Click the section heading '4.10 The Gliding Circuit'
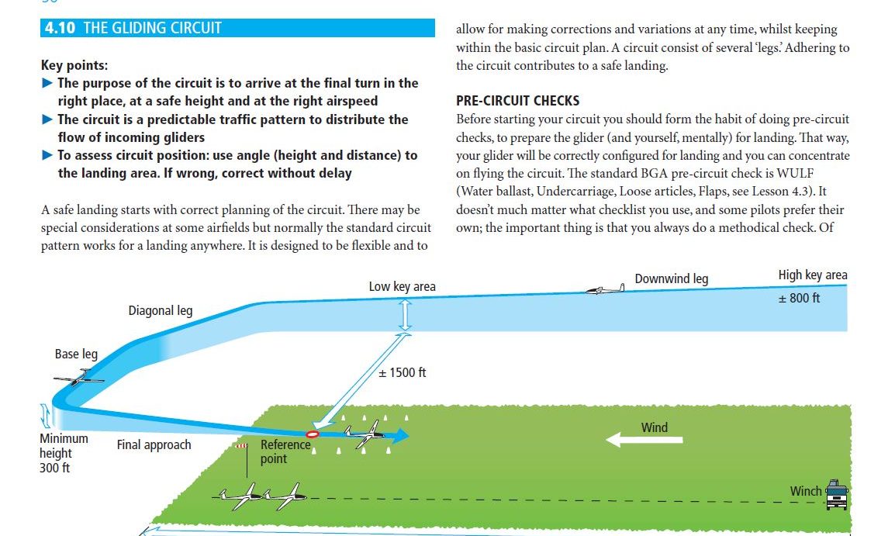[x=133, y=28]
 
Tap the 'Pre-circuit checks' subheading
[x=517, y=101]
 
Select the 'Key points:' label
[x=74, y=66]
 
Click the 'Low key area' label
[x=402, y=287]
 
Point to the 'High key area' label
[x=812, y=275]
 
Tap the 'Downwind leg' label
[x=671, y=278]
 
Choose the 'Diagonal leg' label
[x=161, y=311]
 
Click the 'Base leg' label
[x=76, y=354]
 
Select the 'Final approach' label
[x=154, y=445]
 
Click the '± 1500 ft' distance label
[x=402, y=373]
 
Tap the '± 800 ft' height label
[x=799, y=298]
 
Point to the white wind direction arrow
[x=644, y=440]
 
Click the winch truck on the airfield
[x=836, y=493]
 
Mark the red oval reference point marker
[x=313, y=434]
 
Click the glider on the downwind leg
[x=605, y=290]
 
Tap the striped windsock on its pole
[x=243, y=447]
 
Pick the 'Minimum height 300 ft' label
[x=63, y=453]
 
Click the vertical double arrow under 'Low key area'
[x=404, y=315]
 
